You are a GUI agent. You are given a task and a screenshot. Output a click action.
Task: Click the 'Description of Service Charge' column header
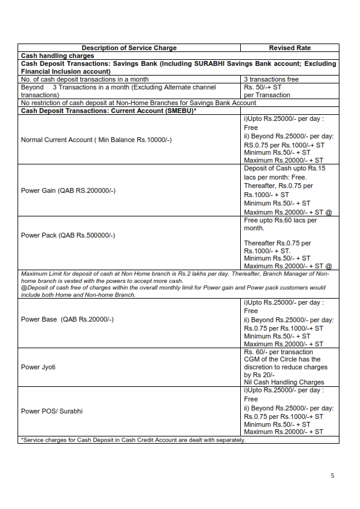tap(129, 48)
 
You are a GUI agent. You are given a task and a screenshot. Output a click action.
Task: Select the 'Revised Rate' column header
tap(289, 48)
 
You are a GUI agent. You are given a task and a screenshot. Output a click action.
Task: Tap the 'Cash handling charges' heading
tap(57, 56)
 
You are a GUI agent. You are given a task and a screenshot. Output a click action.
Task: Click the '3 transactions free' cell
tap(271, 79)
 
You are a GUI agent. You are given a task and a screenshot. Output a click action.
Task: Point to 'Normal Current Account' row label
tap(96, 140)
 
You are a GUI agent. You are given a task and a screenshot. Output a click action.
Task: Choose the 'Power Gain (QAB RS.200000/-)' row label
tap(68, 190)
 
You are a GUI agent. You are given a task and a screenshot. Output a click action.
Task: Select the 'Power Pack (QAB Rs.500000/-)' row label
tap(68, 235)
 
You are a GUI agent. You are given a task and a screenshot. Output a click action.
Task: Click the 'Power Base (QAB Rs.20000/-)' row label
tap(67, 319)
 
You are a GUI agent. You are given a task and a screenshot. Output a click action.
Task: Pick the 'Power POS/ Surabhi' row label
tap(51, 411)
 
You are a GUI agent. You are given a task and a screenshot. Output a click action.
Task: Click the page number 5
tap(332, 476)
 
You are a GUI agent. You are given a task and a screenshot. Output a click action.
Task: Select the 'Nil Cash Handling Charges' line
tap(284, 382)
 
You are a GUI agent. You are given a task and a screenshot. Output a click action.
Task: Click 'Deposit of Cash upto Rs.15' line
tap(284, 168)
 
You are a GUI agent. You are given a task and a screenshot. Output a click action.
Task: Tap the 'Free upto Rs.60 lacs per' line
tap(280, 220)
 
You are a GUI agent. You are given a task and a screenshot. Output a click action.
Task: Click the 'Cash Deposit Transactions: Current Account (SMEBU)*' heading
tap(109, 111)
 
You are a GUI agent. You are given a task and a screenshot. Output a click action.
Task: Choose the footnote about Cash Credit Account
tap(133, 439)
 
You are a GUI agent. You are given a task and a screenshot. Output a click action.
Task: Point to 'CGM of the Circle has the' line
tap(281, 360)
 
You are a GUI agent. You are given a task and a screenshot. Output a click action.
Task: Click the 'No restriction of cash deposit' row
tap(139, 103)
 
